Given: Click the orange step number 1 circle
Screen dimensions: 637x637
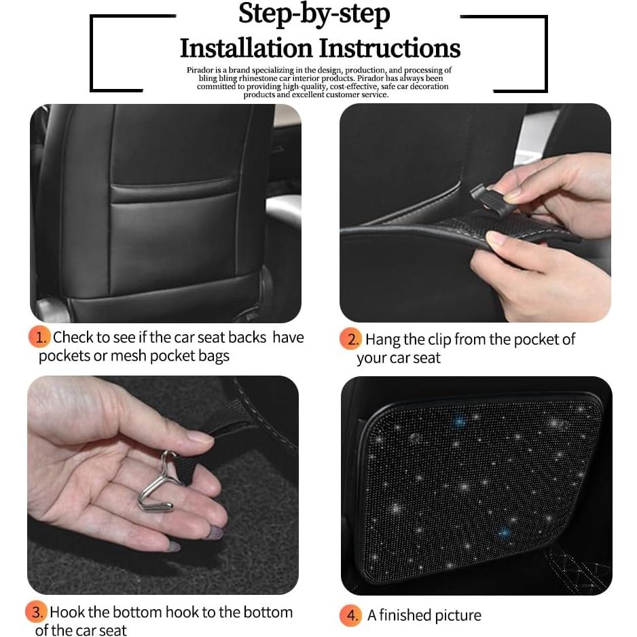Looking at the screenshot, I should (39, 338).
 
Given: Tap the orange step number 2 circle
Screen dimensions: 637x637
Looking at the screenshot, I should (350, 340).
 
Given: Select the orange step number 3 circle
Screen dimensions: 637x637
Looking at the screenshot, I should (37, 612).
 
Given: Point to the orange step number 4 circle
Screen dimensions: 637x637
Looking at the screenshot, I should (350, 615).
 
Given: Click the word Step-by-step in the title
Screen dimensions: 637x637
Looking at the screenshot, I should (314, 14).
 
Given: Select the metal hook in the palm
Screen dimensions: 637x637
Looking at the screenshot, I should (158, 483).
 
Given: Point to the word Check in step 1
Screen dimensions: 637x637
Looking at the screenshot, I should (73, 338).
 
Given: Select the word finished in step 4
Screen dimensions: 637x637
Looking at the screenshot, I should (406, 615).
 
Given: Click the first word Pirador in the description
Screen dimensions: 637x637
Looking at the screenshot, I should (201, 70).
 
